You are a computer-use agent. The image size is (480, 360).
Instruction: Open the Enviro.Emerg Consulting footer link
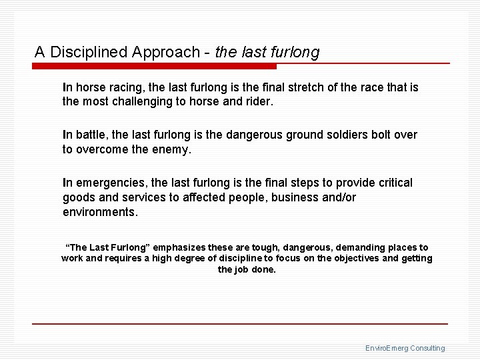pos(405,348)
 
